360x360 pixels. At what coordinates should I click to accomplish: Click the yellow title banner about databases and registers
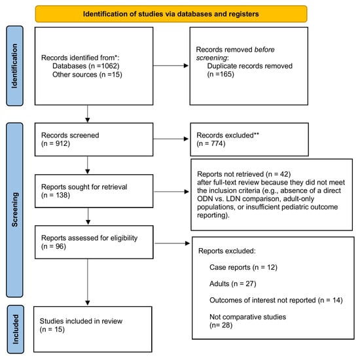pos(171,14)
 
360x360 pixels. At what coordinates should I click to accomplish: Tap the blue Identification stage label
pos(14,66)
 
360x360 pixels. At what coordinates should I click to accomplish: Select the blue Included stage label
pos(16,329)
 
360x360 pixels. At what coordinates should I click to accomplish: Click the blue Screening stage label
pos(14,210)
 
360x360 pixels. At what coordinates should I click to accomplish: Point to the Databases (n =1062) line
pos(86,66)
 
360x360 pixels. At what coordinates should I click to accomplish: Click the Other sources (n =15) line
pos(87,75)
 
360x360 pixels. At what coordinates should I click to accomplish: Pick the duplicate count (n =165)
pos(221,75)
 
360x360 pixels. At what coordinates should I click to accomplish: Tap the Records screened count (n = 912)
pos(56,144)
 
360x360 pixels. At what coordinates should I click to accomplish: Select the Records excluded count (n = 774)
pos(211,144)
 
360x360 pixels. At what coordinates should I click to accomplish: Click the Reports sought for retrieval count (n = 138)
pos(56,196)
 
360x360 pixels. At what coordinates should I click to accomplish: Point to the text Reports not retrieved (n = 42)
pos(244,174)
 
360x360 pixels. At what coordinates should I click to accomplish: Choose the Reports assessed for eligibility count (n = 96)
pos(54,247)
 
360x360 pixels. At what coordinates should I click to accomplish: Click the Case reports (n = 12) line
pos(243,268)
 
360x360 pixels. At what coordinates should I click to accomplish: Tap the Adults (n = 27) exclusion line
pos(233,284)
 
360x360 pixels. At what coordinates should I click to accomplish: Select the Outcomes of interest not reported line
pos(276,300)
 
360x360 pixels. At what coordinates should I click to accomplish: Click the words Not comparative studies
pos(247,317)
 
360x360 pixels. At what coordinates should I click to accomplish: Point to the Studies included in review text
pos(81,321)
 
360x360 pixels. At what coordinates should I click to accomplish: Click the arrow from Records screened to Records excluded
pos(171,139)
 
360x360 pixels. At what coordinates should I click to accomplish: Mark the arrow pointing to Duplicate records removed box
pos(171,66)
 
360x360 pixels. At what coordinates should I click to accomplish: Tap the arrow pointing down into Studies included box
pos(88,282)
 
